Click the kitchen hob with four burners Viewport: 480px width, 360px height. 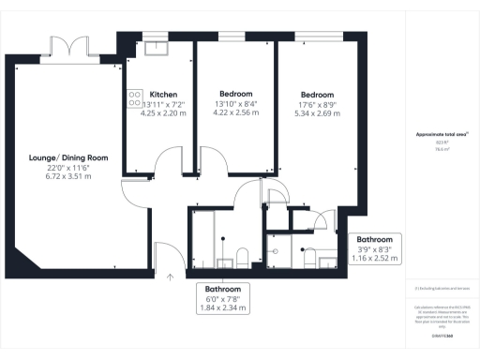[132, 97]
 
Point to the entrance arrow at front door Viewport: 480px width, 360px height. [170, 277]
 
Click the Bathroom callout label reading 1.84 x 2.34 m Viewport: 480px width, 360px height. [224, 307]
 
